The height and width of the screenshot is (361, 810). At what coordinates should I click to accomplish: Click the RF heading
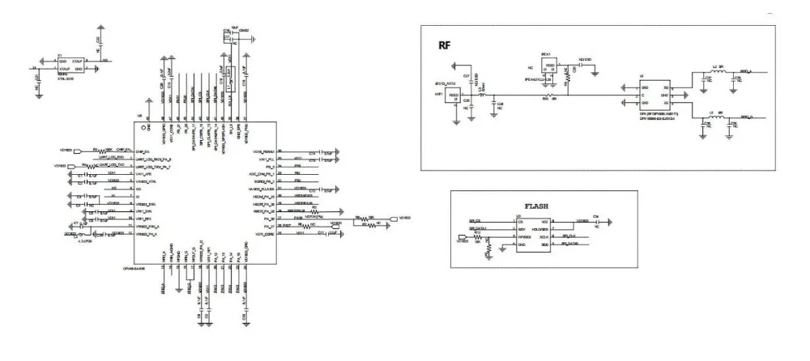[x=444, y=45]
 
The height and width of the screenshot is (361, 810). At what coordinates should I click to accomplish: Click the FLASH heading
[x=535, y=206]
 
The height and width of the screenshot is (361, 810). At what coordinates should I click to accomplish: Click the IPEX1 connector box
[x=550, y=67]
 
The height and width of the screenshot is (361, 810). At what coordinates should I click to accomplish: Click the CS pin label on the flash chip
[x=518, y=221]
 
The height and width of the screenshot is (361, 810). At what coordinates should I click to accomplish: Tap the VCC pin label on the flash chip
[x=544, y=221]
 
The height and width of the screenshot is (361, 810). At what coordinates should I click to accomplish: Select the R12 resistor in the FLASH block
[x=477, y=236]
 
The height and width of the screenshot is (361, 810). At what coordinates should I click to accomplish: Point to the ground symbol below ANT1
[x=456, y=121]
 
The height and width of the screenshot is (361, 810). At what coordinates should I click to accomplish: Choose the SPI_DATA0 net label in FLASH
[x=569, y=243]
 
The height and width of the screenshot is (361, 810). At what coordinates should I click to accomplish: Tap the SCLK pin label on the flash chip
[x=544, y=236]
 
